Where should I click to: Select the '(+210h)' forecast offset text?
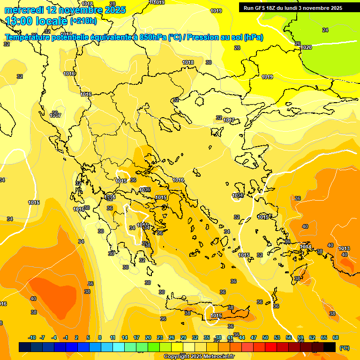pos(83,21)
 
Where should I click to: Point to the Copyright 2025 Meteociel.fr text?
pos(199,356)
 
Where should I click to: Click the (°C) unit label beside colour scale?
pos(344,348)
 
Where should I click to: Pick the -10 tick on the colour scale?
pos(32,338)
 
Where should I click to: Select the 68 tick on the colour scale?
pos(336,338)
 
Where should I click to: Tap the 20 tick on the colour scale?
pos(148,338)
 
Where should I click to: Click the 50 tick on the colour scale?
pos(265,338)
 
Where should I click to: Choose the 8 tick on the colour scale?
pos(100,338)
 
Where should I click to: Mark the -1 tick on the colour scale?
pos(66,338)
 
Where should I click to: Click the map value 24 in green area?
pos(325,30)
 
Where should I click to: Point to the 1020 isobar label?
pos(306,47)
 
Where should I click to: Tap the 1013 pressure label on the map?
pos(344,248)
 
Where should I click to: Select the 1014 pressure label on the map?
pos(306,247)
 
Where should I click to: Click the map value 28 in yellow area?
pos(237,48)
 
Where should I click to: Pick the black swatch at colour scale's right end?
pos(330,347)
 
